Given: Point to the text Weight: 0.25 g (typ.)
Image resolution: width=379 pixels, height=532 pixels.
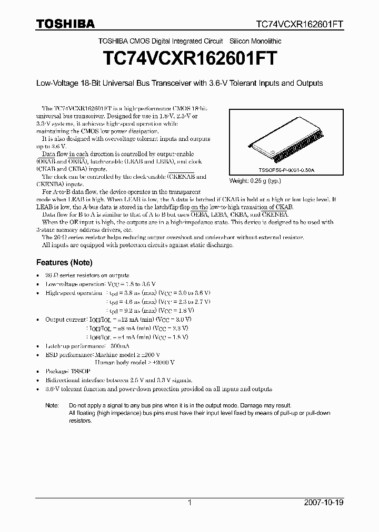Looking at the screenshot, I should (x=255, y=181).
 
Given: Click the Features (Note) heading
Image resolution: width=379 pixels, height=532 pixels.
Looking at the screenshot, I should (x=64, y=262).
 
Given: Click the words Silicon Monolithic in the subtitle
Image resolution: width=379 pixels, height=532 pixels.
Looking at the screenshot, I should (x=255, y=41).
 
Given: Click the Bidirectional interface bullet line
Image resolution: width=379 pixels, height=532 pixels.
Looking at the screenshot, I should (x=119, y=380).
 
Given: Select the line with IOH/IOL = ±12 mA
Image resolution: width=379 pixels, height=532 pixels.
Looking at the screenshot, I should (x=118, y=319).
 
